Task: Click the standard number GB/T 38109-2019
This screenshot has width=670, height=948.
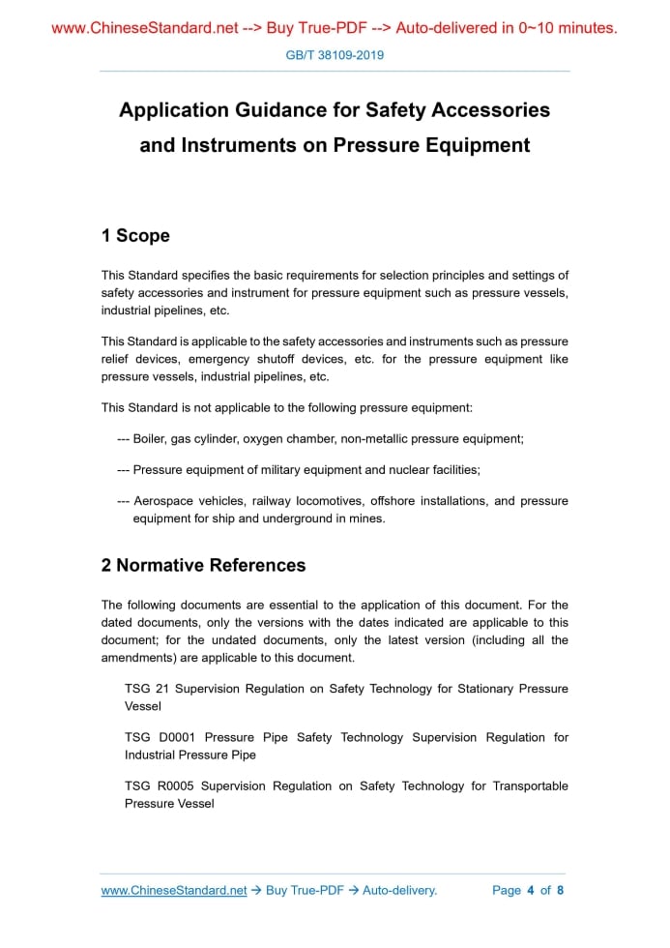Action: point(335,55)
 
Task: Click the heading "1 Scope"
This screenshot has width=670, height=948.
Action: point(135,236)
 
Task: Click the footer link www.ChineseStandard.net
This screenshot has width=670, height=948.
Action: point(174,890)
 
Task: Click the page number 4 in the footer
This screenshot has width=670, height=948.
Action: point(531,890)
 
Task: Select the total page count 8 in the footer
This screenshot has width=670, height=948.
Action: point(560,890)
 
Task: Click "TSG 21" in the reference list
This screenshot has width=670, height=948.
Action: point(147,689)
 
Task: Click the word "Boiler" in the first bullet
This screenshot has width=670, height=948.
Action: point(150,438)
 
